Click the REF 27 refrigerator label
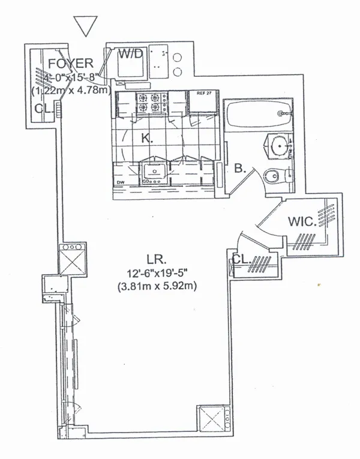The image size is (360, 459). pyautogui.click(x=198, y=94)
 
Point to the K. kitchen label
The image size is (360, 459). pyautogui.click(x=146, y=138)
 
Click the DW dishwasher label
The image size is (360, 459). pyautogui.click(x=119, y=182)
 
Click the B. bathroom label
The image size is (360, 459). pyautogui.click(x=241, y=170)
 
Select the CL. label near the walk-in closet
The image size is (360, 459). pyautogui.click(x=242, y=259)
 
